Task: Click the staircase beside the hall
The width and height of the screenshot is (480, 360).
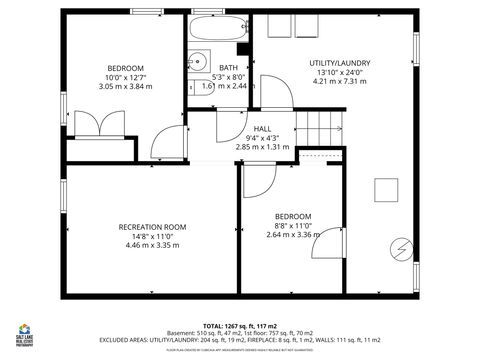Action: coord(323,126)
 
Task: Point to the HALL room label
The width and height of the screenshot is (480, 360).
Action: coord(262,129)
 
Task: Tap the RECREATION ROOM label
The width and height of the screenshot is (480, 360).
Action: coord(153,227)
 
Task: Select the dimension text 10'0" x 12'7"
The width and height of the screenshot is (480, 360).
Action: coord(125,77)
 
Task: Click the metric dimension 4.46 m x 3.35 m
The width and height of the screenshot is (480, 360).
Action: coord(153,245)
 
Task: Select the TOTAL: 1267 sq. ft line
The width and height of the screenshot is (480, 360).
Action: coord(241,326)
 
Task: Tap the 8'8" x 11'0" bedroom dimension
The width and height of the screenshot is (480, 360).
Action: coord(293,227)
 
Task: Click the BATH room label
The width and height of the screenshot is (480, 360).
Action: coord(229,67)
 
